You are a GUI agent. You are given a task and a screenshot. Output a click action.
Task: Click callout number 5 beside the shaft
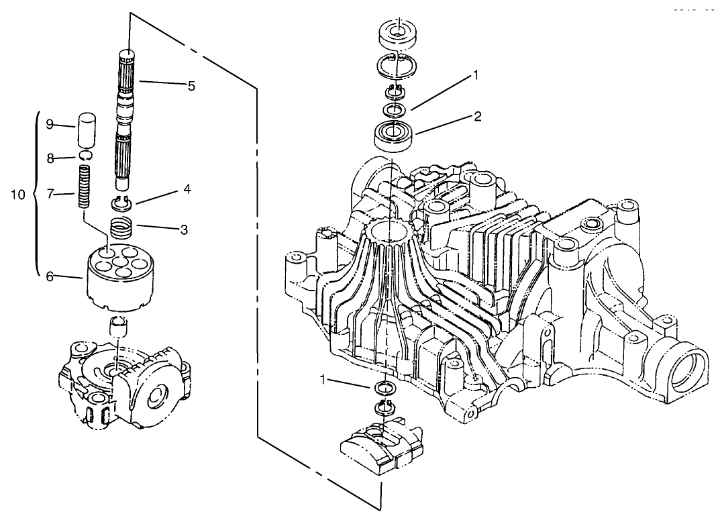click(x=191, y=86)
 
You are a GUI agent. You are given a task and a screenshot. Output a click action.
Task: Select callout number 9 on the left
click(x=50, y=124)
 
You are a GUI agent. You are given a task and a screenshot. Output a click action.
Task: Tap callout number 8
click(x=50, y=158)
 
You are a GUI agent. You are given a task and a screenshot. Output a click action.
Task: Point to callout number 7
click(x=50, y=195)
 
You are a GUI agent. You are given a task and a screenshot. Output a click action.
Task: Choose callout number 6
click(x=50, y=276)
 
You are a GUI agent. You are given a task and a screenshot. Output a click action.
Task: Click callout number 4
click(x=186, y=190)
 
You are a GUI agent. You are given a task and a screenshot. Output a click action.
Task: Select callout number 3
click(x=183, y=229)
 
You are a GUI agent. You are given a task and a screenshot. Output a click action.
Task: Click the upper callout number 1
click(x=475, y=75)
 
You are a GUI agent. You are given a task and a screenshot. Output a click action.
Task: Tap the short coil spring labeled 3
click(x=121, y=230)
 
